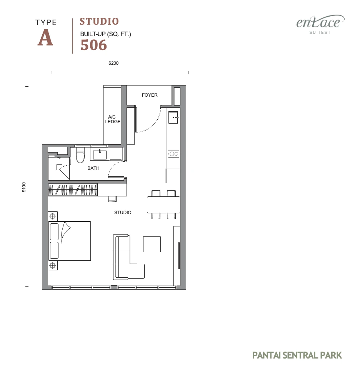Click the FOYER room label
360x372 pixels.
coord(150,95)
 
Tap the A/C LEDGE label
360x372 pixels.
coord(113,119)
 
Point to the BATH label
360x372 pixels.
coord(93,168)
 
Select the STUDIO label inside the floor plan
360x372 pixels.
coord(123,212)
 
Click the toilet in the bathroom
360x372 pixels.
coord(80,155)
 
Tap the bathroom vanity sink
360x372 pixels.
coord(100,154)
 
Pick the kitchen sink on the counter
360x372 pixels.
coord(173,117)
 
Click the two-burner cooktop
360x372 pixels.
coord(173,154)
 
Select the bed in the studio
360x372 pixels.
coord(70,241)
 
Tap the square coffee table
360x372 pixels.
coord(152,244)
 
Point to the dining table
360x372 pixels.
coord(163,205)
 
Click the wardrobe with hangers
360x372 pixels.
coord(73,190)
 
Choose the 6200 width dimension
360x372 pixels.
coord(113,63)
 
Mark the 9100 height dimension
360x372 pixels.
coord(24,187)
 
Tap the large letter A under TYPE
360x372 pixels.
coord(45,38)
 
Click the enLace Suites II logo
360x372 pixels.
coord(320,24)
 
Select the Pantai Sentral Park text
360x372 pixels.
coord(297,355)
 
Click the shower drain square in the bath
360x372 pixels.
coord(59,167)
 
